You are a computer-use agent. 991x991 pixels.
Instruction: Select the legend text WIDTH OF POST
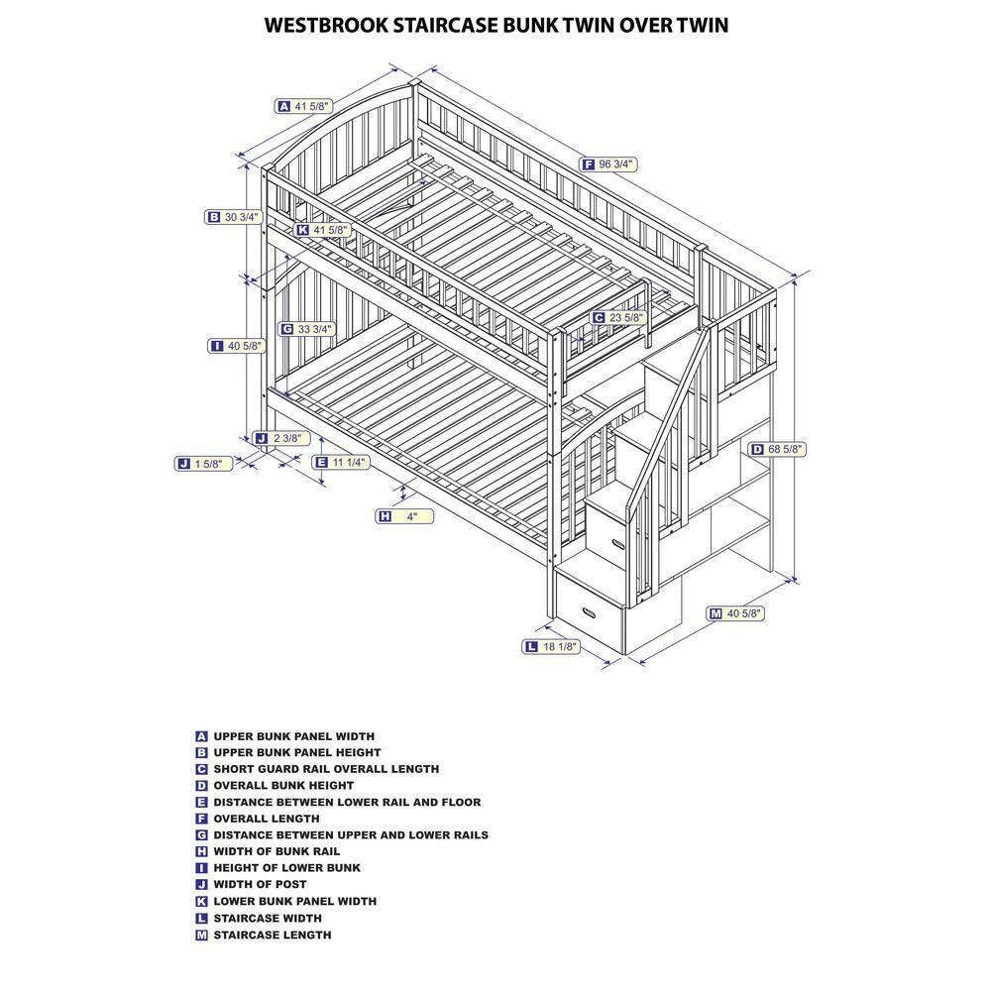(x=260, y=884)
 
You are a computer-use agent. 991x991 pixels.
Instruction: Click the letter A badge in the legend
(x=201, y=736)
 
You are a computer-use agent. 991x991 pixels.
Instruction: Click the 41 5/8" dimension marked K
(x=332, y=230)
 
